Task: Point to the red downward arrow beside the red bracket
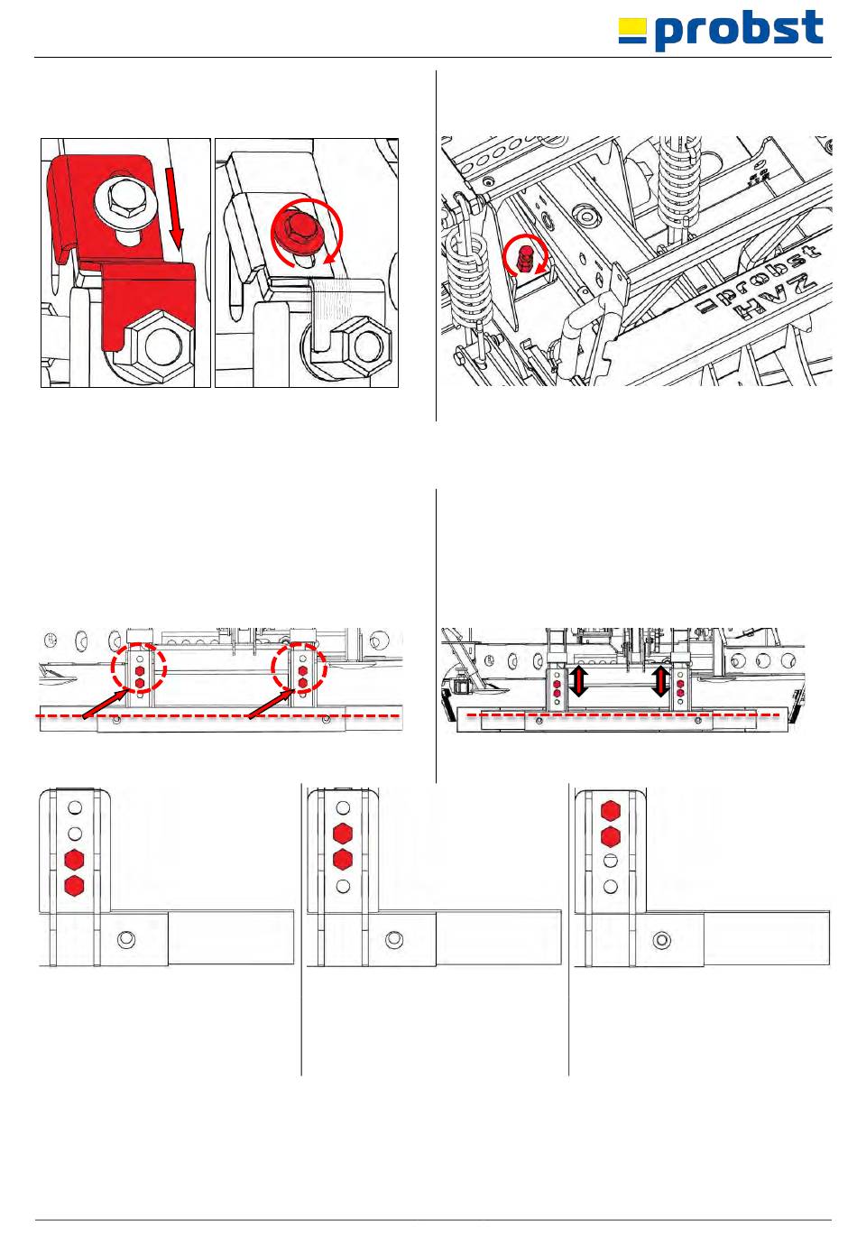pos(175,208)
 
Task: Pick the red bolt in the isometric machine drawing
pos(524,258)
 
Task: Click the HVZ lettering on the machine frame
pos(775,299)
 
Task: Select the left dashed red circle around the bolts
pos(138,667)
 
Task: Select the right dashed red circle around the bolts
pos(299,667)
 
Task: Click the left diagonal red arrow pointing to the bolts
pos(109,703)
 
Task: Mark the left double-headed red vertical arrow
pos(578,681)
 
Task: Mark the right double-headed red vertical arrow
pos(660,681)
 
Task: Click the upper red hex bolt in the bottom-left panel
pos(74,860)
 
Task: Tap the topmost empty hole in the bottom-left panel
pos(75,807)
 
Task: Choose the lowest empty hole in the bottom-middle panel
pos(343,887)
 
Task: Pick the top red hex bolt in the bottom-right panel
pos(610,811)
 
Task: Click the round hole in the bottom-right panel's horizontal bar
pos(661,940)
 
